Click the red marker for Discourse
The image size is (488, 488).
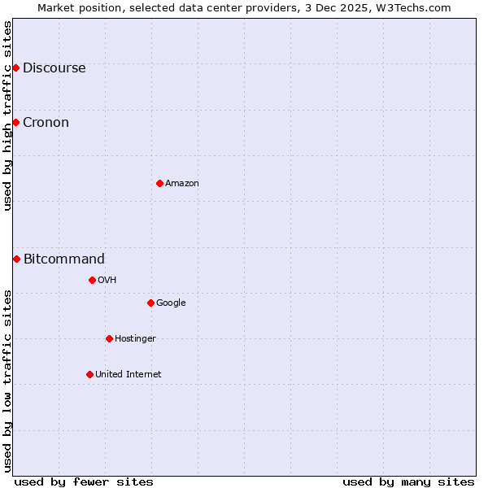pyautogui.click(x=15, y=68)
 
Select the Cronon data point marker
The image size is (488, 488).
pyautogui.click(x=15, y=122)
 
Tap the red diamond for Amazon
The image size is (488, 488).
pyautogui.click(x=159, y=183)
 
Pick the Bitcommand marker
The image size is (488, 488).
pyautogui.click(x=16, y=259)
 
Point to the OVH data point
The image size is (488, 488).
pyautogui.click(x=92, y=280)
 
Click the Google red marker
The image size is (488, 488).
pyautogui.click(x=150, y=303)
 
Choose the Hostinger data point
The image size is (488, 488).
pyautogui.click(x=109, y=338)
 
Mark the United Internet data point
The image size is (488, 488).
pyautogui.click(x=89, y=374)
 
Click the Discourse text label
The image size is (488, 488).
pyautogui.click(x=54, y=68)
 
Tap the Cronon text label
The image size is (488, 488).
pyautogui.click(x=46, y=123)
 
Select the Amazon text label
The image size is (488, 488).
pyautogui.click(x=181, y=184)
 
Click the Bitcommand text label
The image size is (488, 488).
pyautogui.click(x=64, y=259)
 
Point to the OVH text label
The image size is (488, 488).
pyautogui.click(x=107, y=281)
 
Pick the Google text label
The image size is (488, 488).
pyautogui.click(x=171, y=303)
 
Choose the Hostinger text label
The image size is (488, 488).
pyautogui.click(x=135, y=339)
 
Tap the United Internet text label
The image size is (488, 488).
pyautogui.click(x=128, y=375)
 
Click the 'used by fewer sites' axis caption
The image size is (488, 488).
pyautogui.click(x=84, y=481)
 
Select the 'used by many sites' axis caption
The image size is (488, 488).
pyautogui.click(x=408, y=481)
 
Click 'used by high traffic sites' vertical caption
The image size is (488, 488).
pyautogui.click(x=7, y=115)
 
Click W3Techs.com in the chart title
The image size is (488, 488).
pyautogui.click(x=413, y=7)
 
